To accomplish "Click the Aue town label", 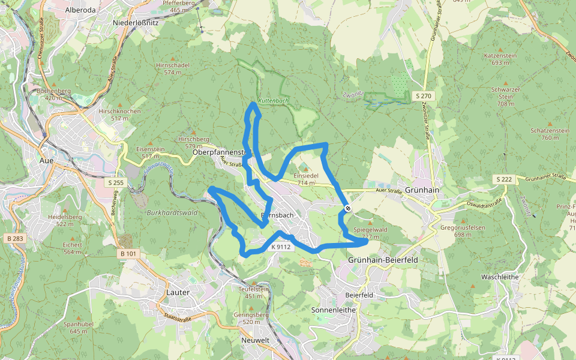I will (x=46, y=161).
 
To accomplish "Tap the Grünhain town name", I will (x=422, y=190).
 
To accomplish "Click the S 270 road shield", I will (x=424, y=96).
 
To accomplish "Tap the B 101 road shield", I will (x=128, y=254).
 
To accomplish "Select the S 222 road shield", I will (x=504, y=179).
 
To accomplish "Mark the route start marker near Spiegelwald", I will (x=348, y=208).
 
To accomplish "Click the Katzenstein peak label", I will (x=500, y=55).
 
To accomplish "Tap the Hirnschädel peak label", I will (x=172, y=65).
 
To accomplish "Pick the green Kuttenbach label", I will (x=273, y=101).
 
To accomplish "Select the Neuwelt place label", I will (x=255, y=340).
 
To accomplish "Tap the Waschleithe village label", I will (x=499, y=277).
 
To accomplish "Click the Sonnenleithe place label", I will (x=334, y=310).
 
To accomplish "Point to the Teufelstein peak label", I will (x=254, y=289).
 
